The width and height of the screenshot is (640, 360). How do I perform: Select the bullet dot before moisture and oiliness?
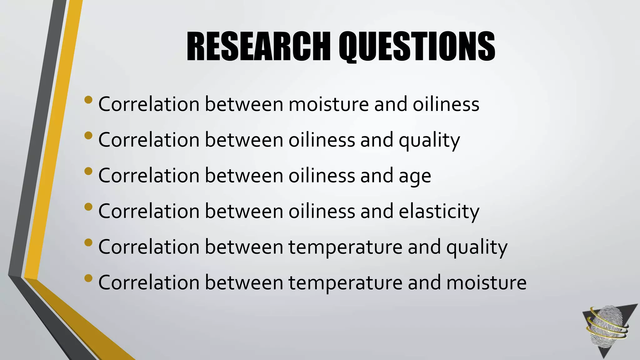pyautogui.click(x=88, y=100)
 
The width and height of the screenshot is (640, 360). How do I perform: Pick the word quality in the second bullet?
pyautogui.click(x=429, y=140)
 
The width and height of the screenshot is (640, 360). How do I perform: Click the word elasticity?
pyautogui.click(x=439, y=211)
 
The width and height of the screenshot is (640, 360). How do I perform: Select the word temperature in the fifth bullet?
pyautogui.click(x=345, y=247)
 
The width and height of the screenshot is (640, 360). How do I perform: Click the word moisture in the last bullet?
pyautogui.click(x=486, y=282)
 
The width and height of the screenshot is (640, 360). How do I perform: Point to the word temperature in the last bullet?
pyautogui.click(x=345, y=283)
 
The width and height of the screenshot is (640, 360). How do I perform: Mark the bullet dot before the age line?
pyautogui.click(x=88, y=171)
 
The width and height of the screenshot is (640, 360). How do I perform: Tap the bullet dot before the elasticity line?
pyautogui.click(x=88, y=207)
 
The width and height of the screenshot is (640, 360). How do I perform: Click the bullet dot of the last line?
pyautogui.click(x=88, y=278)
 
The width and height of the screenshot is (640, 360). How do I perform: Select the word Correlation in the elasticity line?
pyautogui.click(x=149, y=211)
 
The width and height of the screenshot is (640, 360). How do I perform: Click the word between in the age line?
pyautogui.click(x=244, y=176)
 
